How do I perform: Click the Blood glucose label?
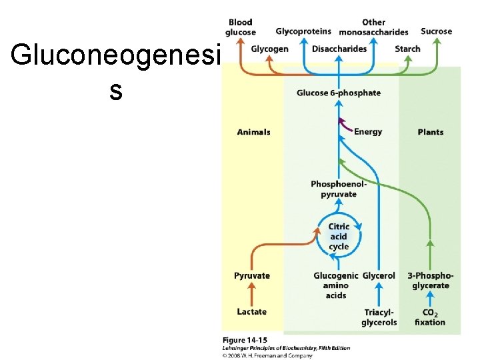pyautogui.click(x=240, y=27)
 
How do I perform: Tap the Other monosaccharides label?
pyautogui.click(x=373, y=27)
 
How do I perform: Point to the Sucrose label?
pyautogui.click(x=436, y=31)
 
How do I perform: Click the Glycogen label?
pyautogui.click(x=270, y=49)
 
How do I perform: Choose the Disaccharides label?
pyautogui.click(x=339, y=49)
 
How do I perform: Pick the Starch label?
pyautogui.click(x=407, y=49)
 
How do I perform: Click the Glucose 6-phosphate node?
pyautogui.click(x=339, y=93)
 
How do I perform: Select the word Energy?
pyautogui.click(x=368, y=132)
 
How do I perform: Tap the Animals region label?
pyautogui.click(x=254, y=132)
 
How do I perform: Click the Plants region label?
pyautogui.click(x=430, y=132)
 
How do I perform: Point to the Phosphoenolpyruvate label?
pyautogui.click(x=339, y=189)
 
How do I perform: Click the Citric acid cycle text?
pyautogui.click(x=339, y=237)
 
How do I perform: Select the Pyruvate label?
pyautogui.click(x=252, y=275)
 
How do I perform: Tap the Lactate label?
pyautogui.click(x=252, y=311)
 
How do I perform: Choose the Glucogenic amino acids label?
pyautogui.click(x=336, y=285)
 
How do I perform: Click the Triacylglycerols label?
pyautogui.click(x=379, y=317)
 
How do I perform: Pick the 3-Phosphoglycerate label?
pyautogui.click(x=431, y=281)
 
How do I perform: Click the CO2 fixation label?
pyautogui.click(x=430, y=317)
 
